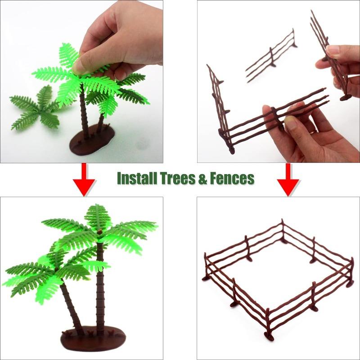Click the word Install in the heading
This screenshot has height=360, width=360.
137,178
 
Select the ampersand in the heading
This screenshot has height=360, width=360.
202,178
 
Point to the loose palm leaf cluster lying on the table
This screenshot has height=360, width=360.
36,108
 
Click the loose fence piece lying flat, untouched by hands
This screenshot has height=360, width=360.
271,55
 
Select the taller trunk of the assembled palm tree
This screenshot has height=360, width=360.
100,287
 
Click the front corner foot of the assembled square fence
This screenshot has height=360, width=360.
269,336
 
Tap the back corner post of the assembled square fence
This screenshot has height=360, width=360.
283,229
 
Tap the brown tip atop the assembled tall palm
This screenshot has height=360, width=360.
99,231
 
